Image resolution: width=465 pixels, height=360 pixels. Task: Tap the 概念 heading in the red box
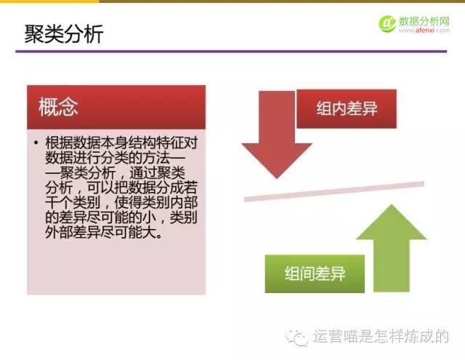coord(59,107)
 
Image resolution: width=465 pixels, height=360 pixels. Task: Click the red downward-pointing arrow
coord(267,137)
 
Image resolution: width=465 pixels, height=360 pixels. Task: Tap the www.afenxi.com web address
coord(424,31)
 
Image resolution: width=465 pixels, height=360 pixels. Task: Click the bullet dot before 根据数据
coord(35,143)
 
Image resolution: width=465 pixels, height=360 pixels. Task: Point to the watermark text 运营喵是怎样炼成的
coord(381,337)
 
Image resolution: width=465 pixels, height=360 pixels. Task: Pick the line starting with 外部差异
coord(102,235)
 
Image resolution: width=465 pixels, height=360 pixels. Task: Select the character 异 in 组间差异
coord(337,274)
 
